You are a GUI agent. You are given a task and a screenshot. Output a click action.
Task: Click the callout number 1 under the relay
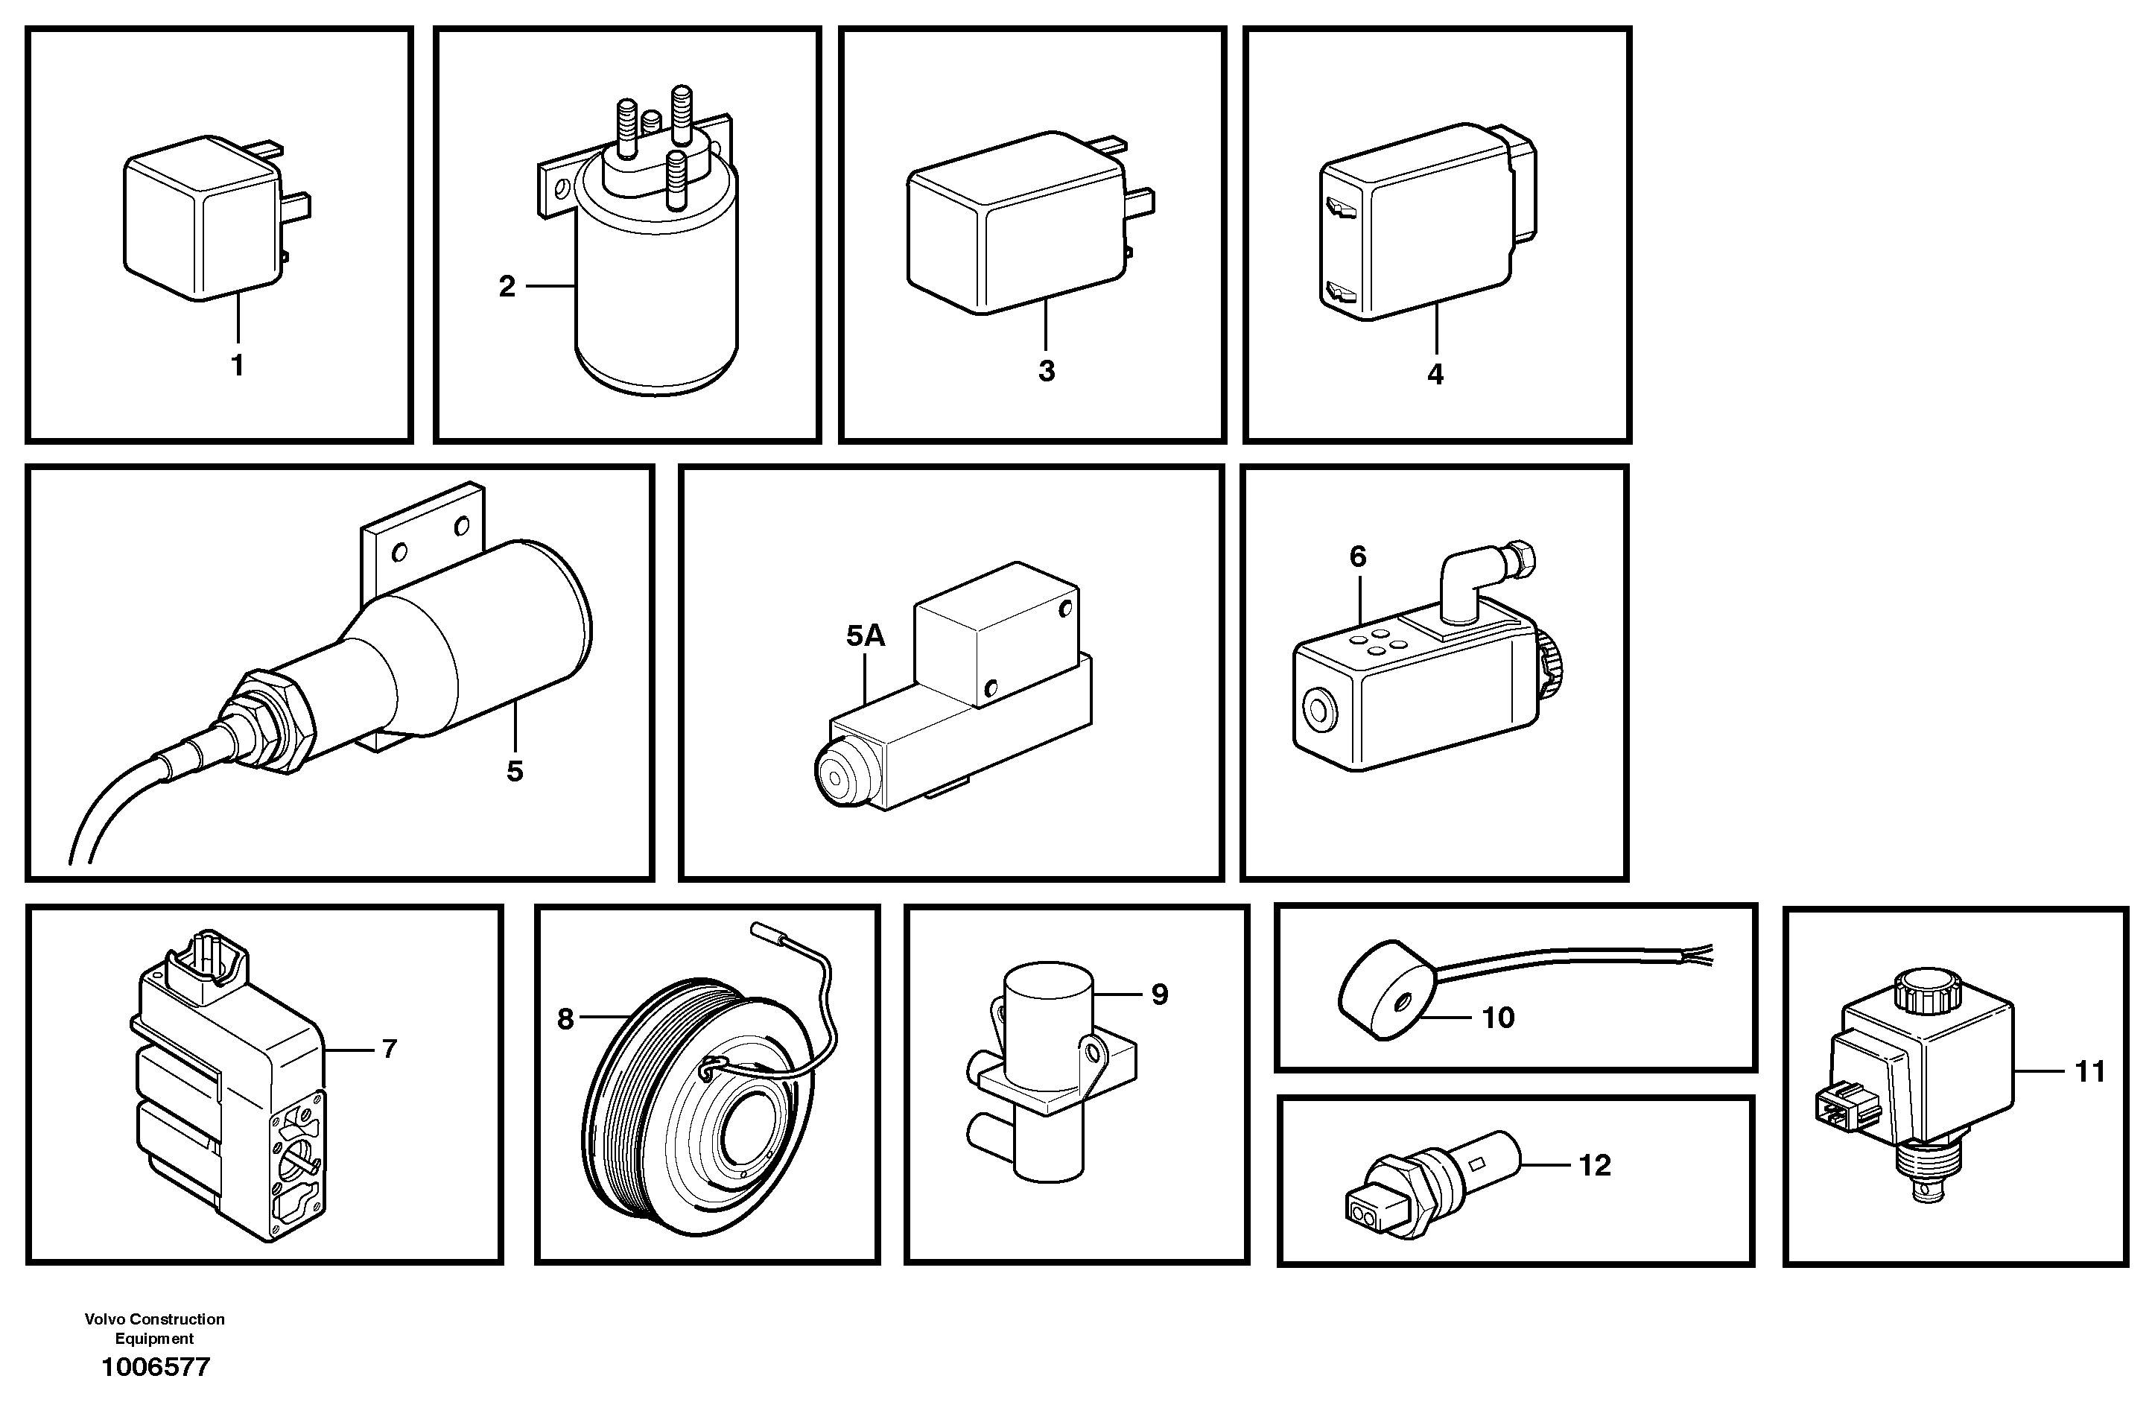(x=238, y=367)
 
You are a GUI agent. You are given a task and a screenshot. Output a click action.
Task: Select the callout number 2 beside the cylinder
(x=507, y=287)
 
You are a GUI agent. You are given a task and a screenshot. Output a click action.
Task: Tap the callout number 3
(x=1046, y=371)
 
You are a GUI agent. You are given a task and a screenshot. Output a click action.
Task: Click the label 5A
(x=866, y=637)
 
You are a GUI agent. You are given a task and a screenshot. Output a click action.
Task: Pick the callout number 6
(x=1358, y=557)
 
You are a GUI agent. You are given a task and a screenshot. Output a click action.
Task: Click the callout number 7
(x=390, y=1049)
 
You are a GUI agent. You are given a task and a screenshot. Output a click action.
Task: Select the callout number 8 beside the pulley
(x=566, y=1019)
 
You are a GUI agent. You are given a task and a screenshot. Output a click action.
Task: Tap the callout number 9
(x=1160, y=995)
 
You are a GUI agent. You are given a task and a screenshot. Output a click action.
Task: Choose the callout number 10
(x=1498, y=1018)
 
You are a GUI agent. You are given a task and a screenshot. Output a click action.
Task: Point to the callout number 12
(x=1595, y=1166)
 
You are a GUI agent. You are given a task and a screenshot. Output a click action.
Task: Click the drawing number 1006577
(x=156, y=1367)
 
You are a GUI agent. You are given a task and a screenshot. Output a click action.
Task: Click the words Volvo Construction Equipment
(x=155, y=1329)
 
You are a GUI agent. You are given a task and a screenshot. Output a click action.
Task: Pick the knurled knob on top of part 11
(x=1926, y=989)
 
